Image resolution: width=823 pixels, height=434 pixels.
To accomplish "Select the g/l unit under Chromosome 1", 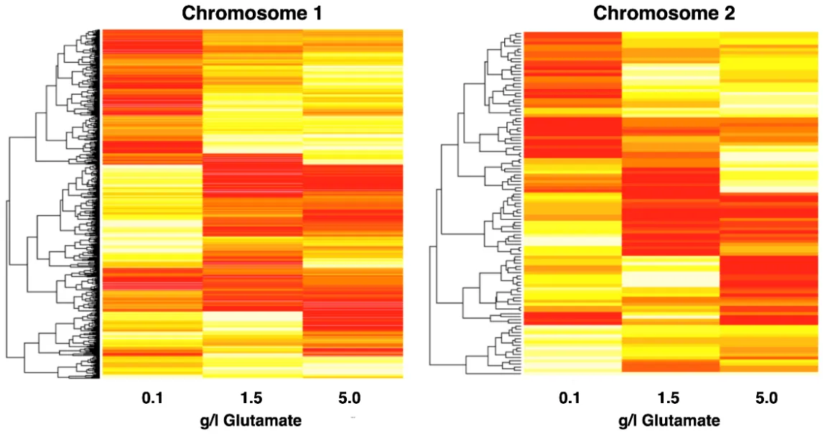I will pos(214,420).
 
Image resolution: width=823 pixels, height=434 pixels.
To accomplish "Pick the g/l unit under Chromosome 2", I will pos(633,420).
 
